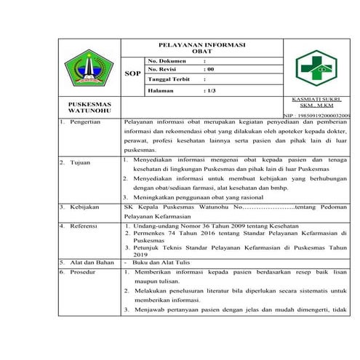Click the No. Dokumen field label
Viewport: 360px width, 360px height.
168,60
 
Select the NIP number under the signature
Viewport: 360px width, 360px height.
316,116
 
